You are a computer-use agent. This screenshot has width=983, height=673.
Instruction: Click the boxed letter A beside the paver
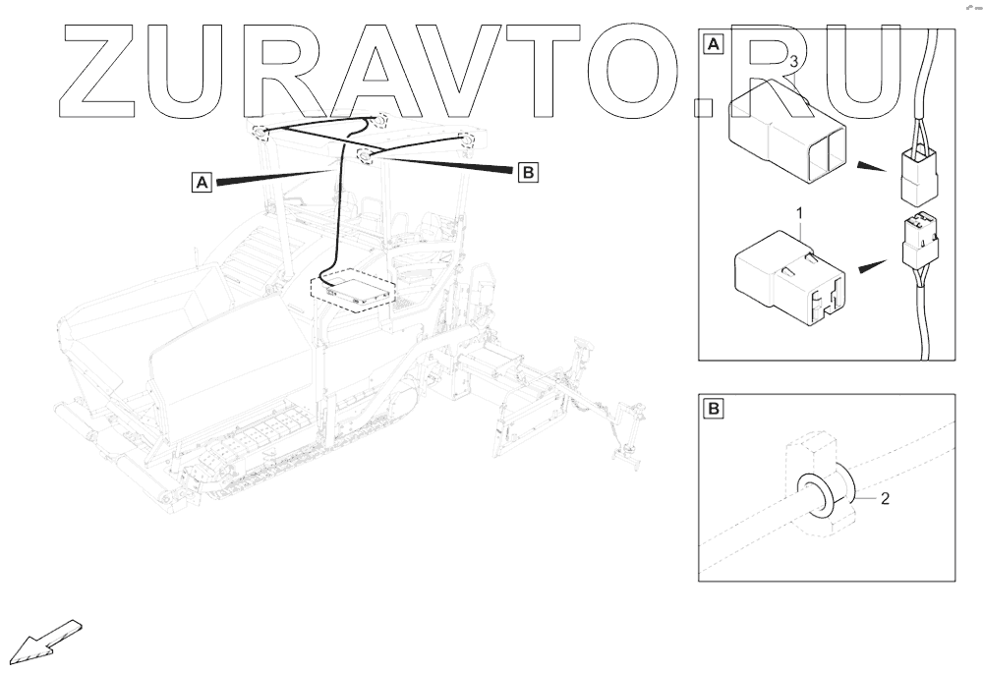click(x=202, y=182)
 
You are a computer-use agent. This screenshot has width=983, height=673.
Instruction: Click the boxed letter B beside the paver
click(x=528, y=173)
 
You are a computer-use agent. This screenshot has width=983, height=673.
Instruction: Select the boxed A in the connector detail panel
click(x=714, y=44)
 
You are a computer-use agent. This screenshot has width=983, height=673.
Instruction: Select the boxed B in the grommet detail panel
click(x=714, y=406)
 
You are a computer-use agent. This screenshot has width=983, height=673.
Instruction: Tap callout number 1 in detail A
click(x=800, y=212)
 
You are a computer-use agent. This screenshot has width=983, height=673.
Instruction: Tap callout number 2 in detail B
click(x=885, y=499)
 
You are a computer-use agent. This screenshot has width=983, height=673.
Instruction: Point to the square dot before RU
click(x=703, y=103)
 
